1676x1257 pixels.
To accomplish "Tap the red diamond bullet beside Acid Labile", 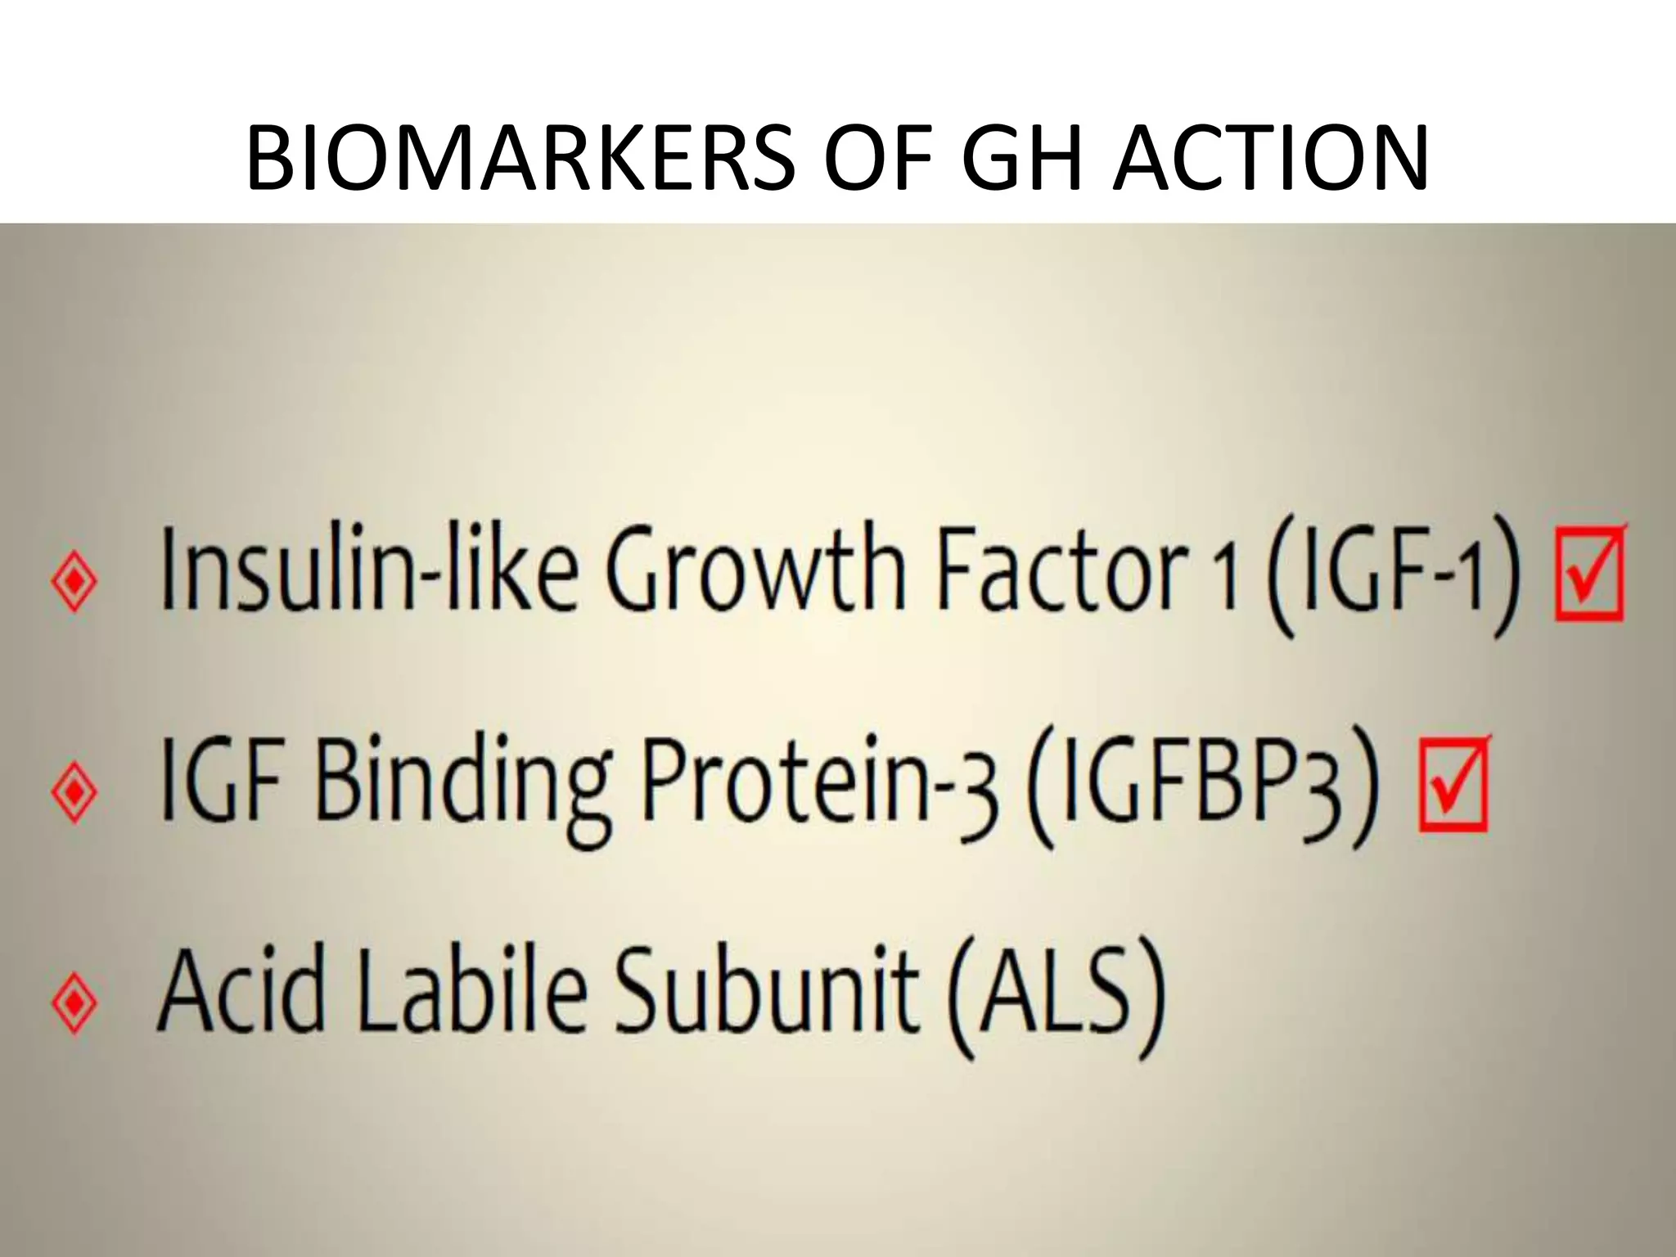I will coord(74,1002).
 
